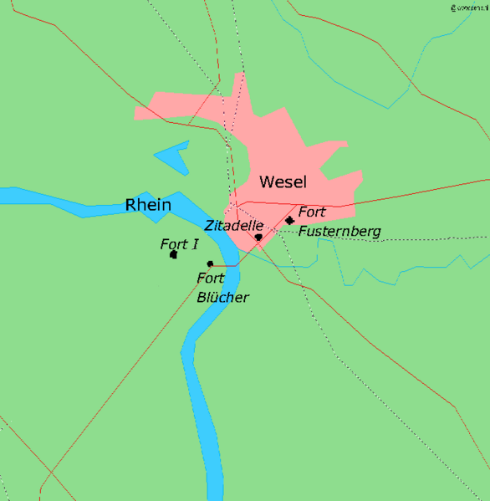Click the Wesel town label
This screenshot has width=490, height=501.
point(283,181)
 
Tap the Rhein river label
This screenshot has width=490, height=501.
point(148,205)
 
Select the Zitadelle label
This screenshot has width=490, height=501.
point(235,226)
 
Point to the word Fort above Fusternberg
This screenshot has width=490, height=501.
point(312,212)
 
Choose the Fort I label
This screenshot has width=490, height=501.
point(179,244)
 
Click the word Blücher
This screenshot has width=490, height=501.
point(223,297)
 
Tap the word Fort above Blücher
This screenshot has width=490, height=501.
point(211,279)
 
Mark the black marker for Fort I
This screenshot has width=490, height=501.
point(173,254)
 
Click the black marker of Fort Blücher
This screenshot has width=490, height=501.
point(210,264)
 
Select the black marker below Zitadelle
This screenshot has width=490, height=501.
point(258,238)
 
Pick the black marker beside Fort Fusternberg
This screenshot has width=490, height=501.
point(289,221)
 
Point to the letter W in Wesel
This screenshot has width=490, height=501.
point(267,181)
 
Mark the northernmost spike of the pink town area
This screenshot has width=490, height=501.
point(242,74)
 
